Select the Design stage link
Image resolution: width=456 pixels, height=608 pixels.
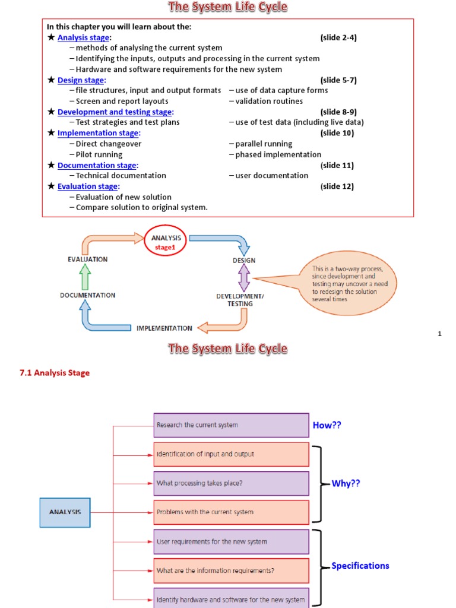pos(81,80)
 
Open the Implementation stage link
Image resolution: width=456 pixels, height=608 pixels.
pos(98,133)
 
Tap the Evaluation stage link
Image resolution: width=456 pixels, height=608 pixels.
pos(87,186)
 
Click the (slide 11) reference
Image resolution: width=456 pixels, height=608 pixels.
pos(337,165)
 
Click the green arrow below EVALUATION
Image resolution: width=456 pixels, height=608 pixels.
pos(85,277)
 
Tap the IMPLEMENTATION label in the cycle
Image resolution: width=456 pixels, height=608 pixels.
pos(164,328)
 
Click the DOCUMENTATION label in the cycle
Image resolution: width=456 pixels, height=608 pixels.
pos(87,295)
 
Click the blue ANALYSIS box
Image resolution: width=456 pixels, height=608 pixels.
pos(65,512)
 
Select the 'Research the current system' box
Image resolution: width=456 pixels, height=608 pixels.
pos(231,425)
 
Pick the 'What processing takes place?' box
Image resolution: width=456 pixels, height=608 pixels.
pos(231,483)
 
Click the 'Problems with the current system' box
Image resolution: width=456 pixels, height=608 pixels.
pos(231,512)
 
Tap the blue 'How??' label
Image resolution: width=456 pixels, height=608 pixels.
pos(327,425)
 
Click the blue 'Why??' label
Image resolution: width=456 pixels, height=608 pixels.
pos(346,484)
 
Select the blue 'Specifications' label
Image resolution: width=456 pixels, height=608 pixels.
pos(360,566)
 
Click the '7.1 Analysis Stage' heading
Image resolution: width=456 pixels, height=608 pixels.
pos(55,373)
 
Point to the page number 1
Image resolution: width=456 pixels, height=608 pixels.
pos(439,334)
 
